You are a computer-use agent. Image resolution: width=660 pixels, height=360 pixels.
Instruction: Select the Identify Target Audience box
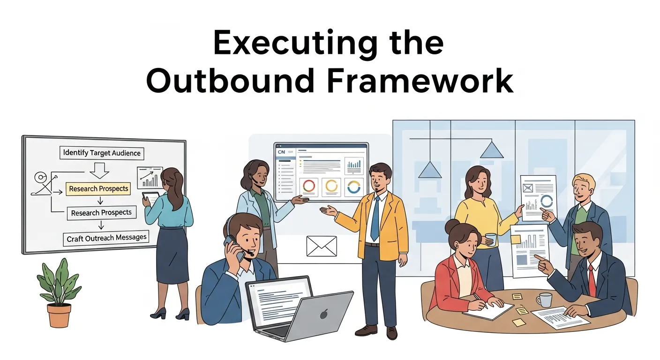102,153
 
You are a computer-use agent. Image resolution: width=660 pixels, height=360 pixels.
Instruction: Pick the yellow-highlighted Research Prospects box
98,188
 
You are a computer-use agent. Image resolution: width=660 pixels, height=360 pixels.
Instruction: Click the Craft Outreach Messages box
106,238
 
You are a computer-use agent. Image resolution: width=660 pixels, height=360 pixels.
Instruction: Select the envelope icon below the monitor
322,246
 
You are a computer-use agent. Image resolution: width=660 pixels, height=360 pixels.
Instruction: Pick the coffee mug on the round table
545,300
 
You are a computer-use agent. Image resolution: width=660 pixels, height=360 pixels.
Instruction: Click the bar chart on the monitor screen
354,165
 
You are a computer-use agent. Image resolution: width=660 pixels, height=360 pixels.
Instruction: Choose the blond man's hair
582,181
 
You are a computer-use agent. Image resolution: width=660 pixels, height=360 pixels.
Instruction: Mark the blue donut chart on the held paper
546,202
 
